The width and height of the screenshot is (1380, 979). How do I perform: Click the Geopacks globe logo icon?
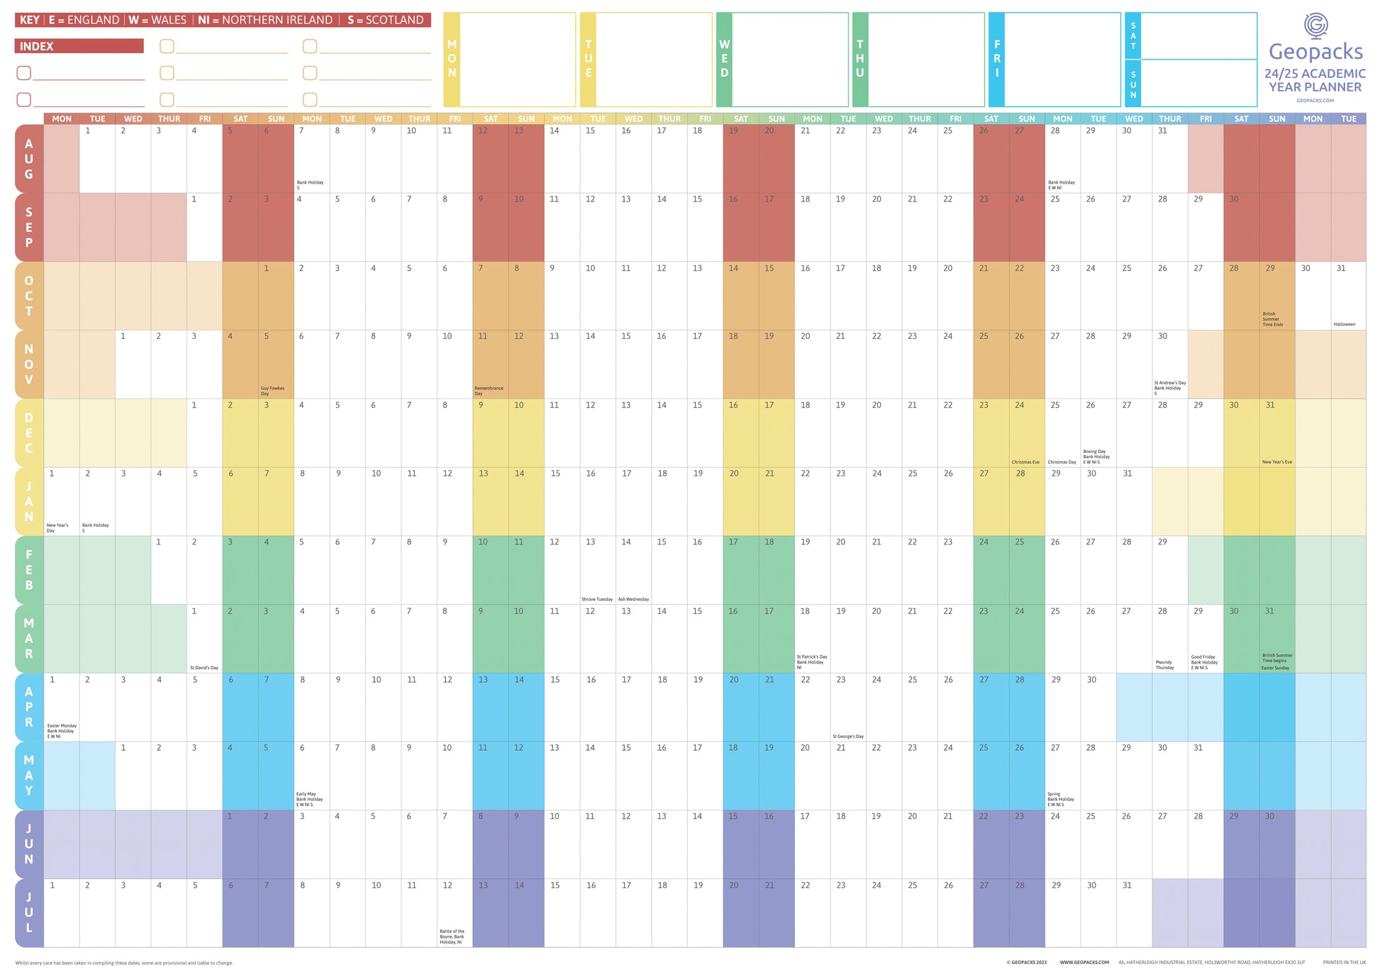[x=1315, y=26]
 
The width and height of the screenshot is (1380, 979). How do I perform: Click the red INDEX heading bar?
[x=79, y=46]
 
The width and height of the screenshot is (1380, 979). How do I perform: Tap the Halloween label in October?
[x=1344, y=324]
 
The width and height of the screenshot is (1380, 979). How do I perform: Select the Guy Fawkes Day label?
[x=272, y=391]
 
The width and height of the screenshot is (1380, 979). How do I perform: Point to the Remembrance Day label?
[x=489, y=391]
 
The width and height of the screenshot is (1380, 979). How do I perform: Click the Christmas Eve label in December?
[x=1025, y=462]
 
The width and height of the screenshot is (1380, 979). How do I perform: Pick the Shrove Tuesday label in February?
[x=597, y=599]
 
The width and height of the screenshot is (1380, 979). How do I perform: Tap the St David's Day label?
[x=204, y=668]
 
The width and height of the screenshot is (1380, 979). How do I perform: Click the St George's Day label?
[x=848, y=737]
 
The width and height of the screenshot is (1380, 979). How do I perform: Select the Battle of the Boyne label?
[x=452, y=936]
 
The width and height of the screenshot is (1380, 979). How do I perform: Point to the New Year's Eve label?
[x=1276, y=462]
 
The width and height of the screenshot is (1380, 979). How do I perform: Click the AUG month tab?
[x=29, y=159]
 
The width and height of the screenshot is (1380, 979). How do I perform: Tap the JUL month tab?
[x=29, y=912]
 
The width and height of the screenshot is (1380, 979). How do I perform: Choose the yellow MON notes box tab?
[x=452, y=59]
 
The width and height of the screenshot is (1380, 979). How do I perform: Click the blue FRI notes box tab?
[x=996, y=59]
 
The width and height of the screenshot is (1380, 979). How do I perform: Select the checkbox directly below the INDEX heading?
[x=24, y=73]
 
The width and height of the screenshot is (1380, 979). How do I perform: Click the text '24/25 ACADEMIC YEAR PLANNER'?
[x=1315, y=80]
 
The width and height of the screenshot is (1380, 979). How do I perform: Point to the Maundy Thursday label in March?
[x=1164, y=665]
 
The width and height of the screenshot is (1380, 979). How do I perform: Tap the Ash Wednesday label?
[x=633, y=599]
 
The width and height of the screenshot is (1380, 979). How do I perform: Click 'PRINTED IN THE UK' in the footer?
[x=1344, y=962]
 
